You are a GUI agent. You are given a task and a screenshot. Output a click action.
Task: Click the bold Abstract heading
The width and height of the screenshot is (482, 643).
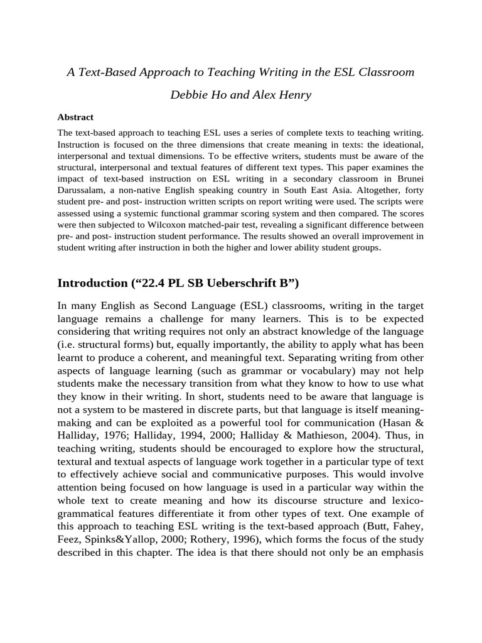coord(75,117)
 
